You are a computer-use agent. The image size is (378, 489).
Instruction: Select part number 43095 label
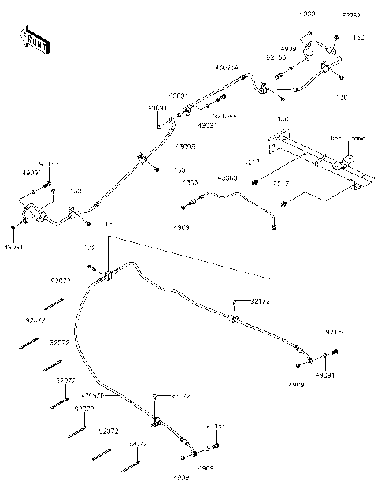point(184,146)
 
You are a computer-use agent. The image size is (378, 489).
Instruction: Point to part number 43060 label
point(206,177)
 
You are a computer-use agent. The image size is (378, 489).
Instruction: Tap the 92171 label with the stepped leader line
point(283,183)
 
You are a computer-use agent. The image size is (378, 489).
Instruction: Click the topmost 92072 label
point(61,281)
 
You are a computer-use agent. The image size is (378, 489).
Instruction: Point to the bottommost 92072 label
point(137,444)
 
